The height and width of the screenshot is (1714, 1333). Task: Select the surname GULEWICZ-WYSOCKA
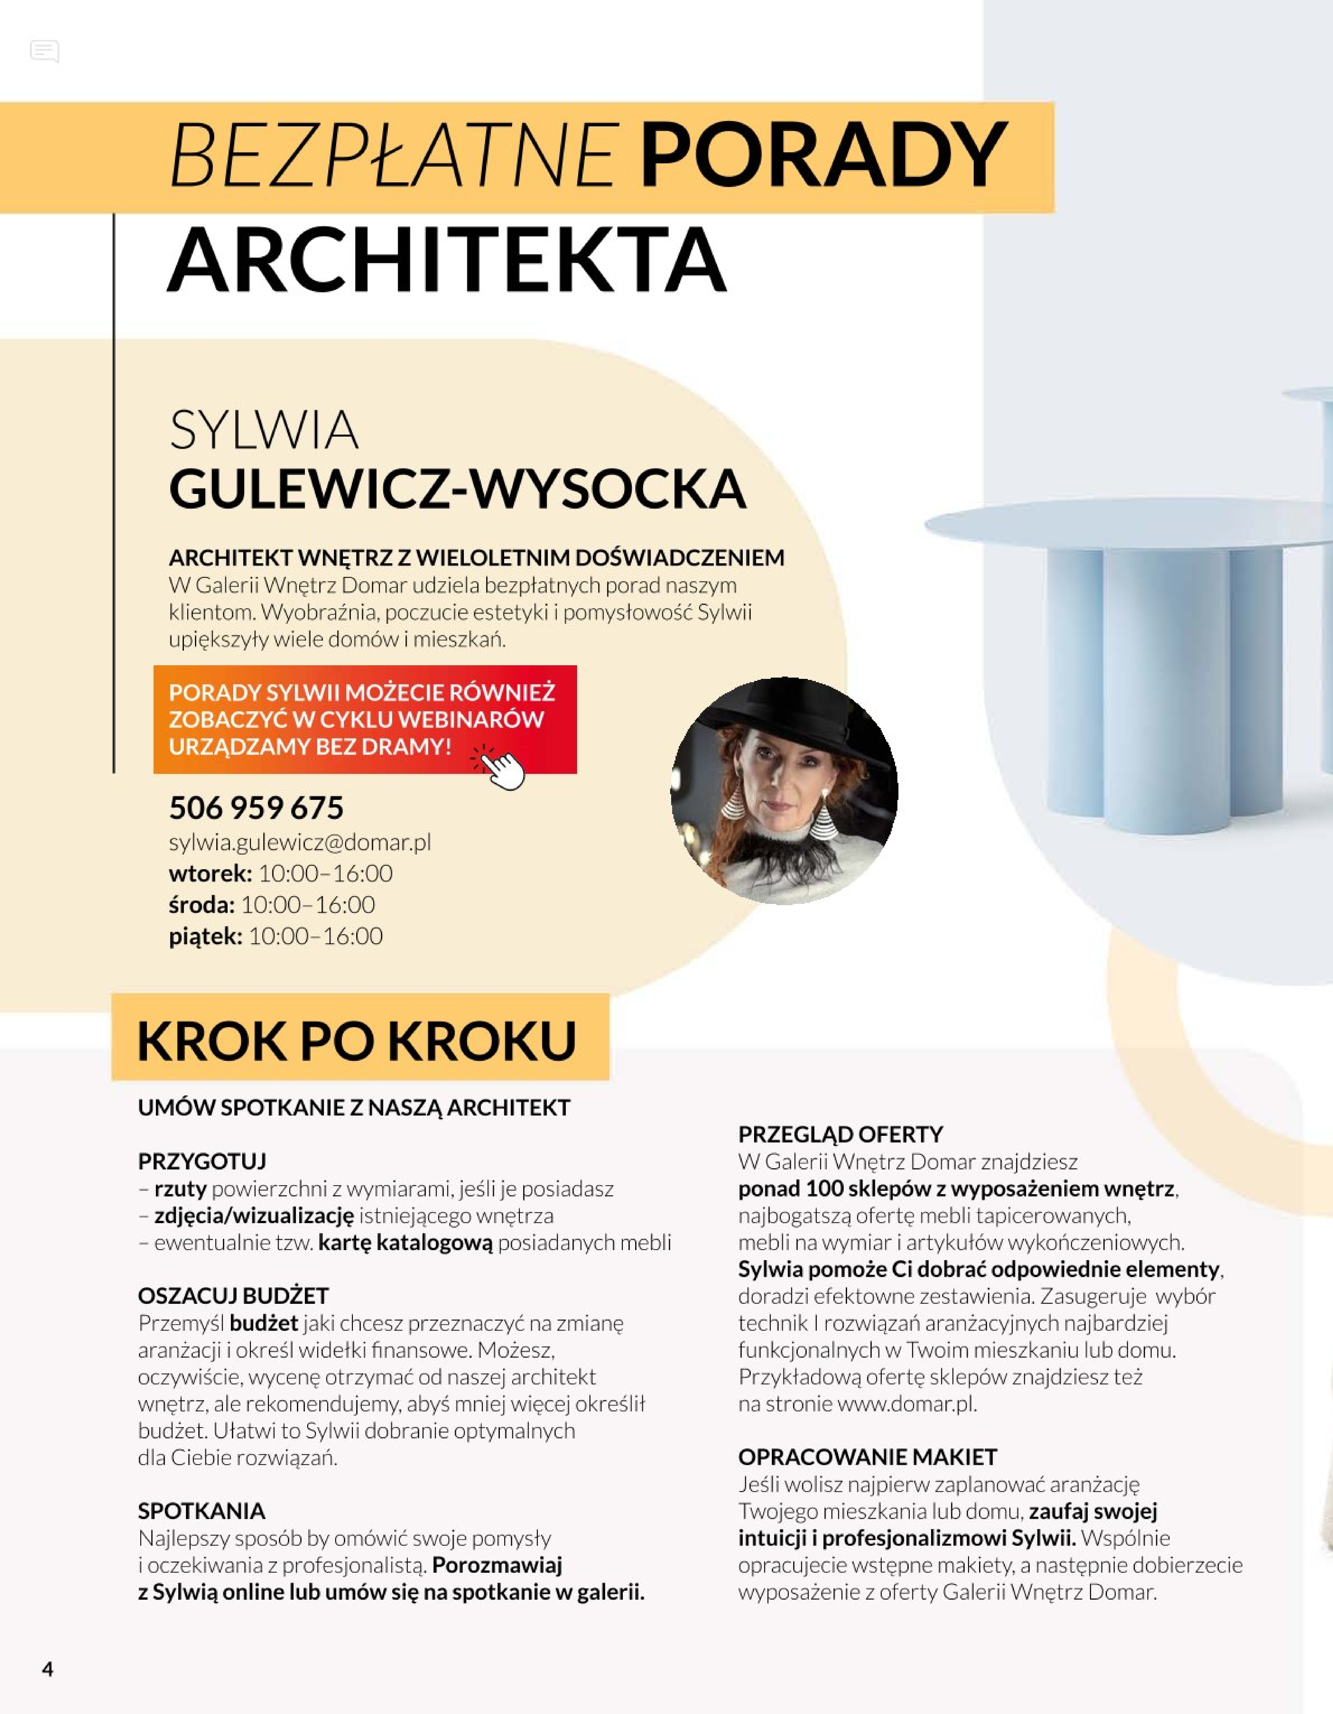(x=457, y=489)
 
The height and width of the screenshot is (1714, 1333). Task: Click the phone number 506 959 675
(x=256, y=808)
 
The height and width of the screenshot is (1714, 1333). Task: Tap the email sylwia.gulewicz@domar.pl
(x=300, y=842)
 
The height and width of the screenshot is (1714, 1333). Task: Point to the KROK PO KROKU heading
(x=357, y=1041)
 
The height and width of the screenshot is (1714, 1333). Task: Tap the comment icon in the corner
(x=45, y=52)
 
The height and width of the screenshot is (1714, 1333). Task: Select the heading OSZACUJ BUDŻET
(x=233, y=1296)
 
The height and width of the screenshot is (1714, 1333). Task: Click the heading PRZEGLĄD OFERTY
(x=840, y=1134)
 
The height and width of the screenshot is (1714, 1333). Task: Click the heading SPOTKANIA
(x=202, y=1511)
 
